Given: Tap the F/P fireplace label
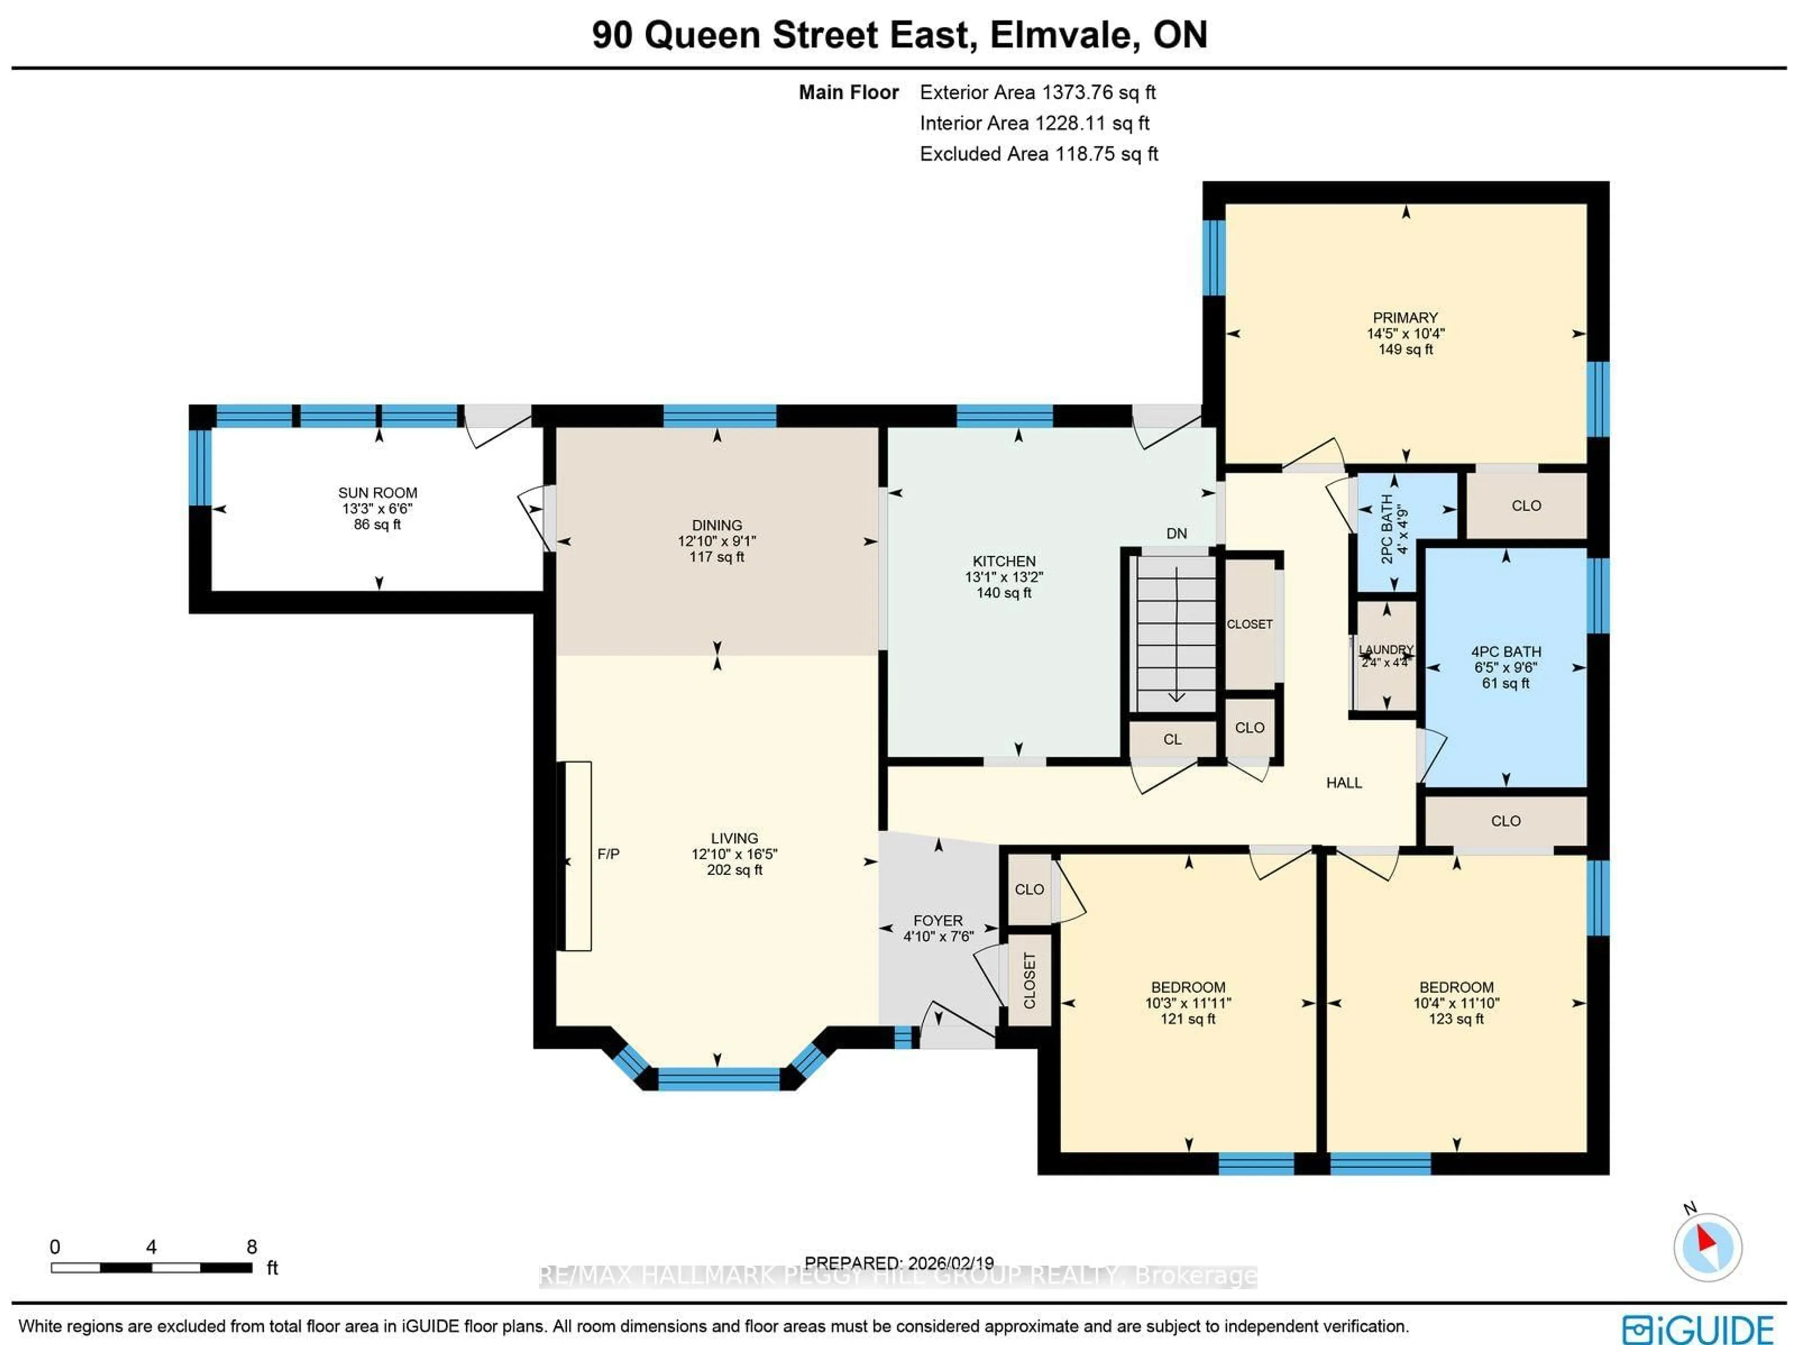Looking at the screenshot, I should pyautogui.click(x=608, y=854).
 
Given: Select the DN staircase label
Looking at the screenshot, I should pyautogui.click(x=1176, y=534).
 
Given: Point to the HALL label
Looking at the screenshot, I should pyautogui.click(x=1344, y=783).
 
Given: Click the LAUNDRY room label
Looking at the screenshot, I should pyautogui.click(x=1386, y=650).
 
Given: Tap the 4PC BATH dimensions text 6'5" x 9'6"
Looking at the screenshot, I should pyautogui.click(x=1506, y=668).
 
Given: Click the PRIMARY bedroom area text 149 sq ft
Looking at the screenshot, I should pyautogui.click(x=1405, y=349).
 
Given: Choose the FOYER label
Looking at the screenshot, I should pyautogui.click(x=938, y=920).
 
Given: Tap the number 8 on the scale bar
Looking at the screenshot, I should pyautogui.click(x=252, y=1247).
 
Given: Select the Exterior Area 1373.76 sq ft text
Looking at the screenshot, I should pyautogui.click(x=1038, y=93).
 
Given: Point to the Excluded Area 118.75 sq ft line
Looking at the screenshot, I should pyautogui.click(x=1038, y=154).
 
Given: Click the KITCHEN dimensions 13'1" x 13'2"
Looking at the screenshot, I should pyautogui.click(x=1004, y=577).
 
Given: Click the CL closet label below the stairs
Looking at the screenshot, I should pyautogui.click(x=1172, y=739).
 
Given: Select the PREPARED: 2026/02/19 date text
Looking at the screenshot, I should pyautogui.click(x=899, y=1263).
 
